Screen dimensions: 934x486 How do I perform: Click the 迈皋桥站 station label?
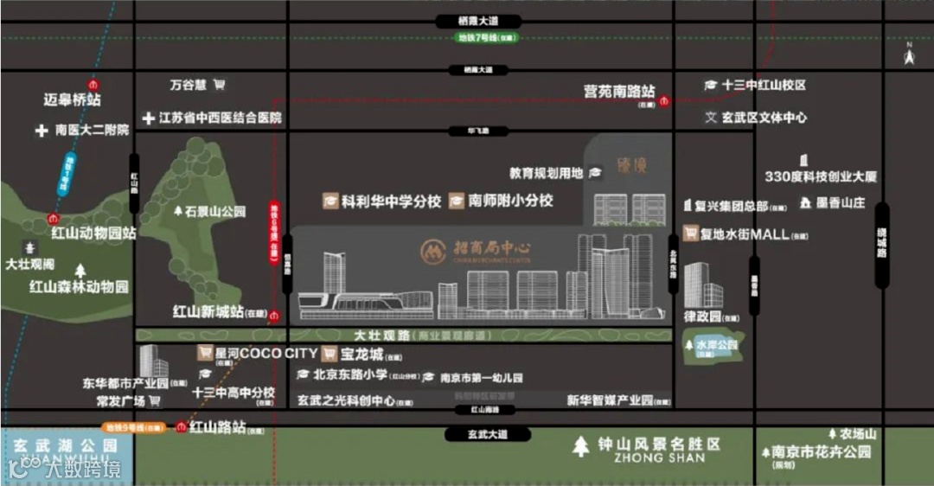click(73, 99)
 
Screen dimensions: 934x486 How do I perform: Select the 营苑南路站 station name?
click(619, 92)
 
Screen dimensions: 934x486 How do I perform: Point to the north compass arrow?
click(909, 56)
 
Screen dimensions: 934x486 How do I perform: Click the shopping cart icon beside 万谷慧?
click(219, 85)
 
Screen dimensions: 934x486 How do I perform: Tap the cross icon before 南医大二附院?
click(42, 131)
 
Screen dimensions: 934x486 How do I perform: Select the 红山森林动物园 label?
click(79, 286)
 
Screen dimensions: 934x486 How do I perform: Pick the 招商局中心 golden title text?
click(492, 248)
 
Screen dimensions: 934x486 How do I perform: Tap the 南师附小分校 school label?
click(510, 201)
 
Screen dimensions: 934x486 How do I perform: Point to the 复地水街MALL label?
click(745, 233)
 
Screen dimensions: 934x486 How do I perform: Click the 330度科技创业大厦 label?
click(821, 176)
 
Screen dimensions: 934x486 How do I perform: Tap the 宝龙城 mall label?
click(362, 354)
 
